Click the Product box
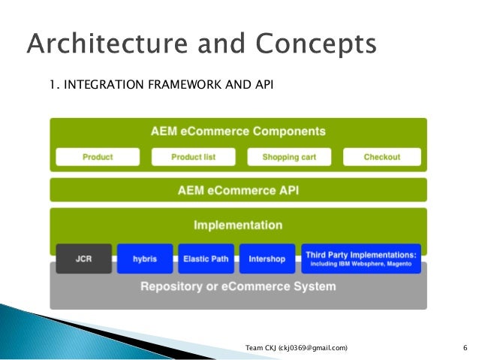pyautogui.click(x=98, y=157)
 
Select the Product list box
pyautogui.click(x=193, y=157)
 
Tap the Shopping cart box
pyautogui.click(x=289, y=157)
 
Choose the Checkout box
pyautogui.click(x=382, y=157)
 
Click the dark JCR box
pyautogui.click(x=83, y=259)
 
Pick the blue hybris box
pyautogui.click(x=145, y=259)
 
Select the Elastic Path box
pyautogui.click(x=206, y=259)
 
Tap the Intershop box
pyautogui.click(x=267, y=259)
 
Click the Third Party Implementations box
pyautogui.click(x=361, y=259)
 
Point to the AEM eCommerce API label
pyautogui.click(x=238, y=190)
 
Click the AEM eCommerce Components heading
pyautogui.click(x=238, y=132)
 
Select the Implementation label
pyautogui.click(x=238, y=225)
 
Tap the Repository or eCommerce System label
pyautogui.click(x=238, y=286)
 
